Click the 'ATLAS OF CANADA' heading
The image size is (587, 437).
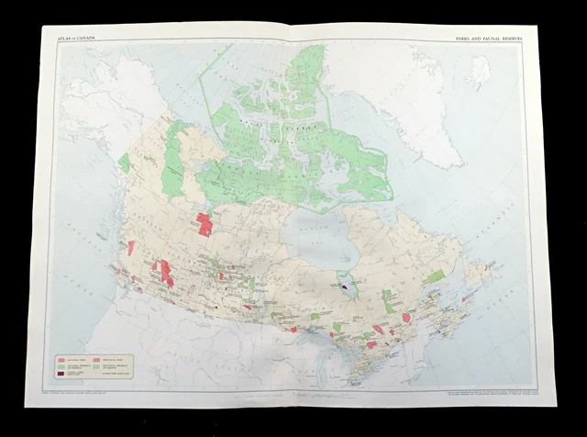coord(77,37)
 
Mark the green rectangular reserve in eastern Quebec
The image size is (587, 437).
coord(438,274)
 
